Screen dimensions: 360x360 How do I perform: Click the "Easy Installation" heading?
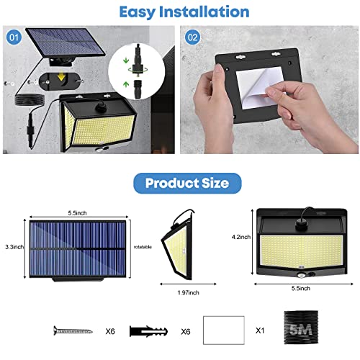pos(184,12)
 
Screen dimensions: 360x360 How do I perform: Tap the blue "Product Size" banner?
pos(187,183)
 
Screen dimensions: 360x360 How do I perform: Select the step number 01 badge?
pos(14,37)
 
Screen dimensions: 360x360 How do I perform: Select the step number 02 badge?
pos(192,37)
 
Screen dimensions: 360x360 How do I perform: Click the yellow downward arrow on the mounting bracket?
pos(62,76)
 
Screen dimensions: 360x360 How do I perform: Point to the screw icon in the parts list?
pos(73,330)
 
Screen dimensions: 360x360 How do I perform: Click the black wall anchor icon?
pos(148,331)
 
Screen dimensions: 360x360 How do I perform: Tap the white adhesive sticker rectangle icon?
pos(224,330)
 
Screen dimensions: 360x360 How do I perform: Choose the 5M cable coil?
pos(301,328)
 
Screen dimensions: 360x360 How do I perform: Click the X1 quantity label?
pos(260,330)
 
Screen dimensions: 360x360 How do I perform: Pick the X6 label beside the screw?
pos(110,331)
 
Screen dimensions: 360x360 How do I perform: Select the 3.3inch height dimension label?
pos(14,247)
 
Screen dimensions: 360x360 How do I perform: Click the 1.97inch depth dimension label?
pos(189,292)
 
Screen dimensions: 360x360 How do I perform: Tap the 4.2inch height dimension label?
pos(241,237)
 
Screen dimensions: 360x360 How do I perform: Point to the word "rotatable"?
pos(143,247)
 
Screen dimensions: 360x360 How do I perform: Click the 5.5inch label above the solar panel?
pos(77,213)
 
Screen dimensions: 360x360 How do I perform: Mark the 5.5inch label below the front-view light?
pos(301,288)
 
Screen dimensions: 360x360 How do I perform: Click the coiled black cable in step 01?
pos(30,99)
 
